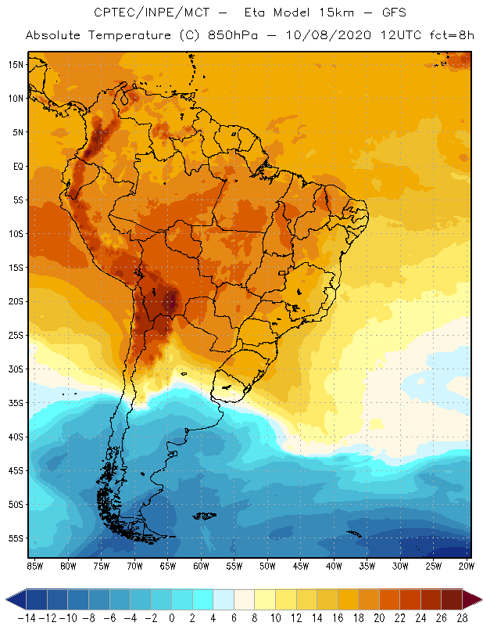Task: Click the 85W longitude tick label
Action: pos(34,565)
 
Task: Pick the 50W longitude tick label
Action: pos(267,565)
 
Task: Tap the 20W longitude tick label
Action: pos(467,565)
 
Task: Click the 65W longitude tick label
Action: pos(167,565)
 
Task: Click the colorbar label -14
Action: pos(27,617)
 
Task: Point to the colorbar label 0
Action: pos(172,617)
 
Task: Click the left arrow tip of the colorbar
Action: pos(7,599)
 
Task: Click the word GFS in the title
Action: pos(391,13)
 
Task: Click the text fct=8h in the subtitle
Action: pos(435,35)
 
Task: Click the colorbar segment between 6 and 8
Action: pos(245,599)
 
